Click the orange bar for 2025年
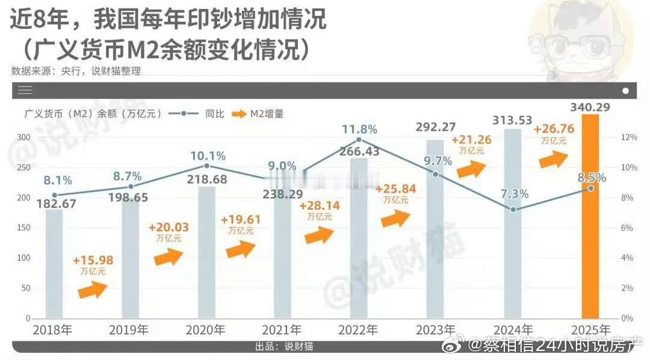590,217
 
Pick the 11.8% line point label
359,129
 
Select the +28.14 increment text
319,206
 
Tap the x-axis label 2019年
129,330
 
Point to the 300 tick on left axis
23,137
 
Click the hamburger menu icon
25,90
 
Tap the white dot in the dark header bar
625,90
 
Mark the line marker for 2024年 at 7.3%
513,209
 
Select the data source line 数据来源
76,71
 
